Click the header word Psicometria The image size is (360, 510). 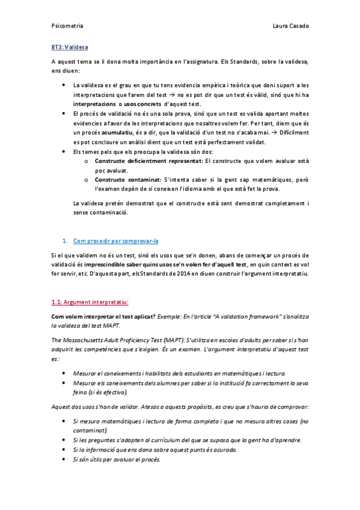pos(67,26)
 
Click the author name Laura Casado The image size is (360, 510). pos(290,26)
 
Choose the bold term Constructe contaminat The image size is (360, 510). pos(128,180)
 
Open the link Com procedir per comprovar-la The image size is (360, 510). pos(115,241)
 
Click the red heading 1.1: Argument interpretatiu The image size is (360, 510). pos(90,302)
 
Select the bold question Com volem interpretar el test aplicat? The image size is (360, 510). pos(103,316)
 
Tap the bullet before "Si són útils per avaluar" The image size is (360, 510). pos(64,459)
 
